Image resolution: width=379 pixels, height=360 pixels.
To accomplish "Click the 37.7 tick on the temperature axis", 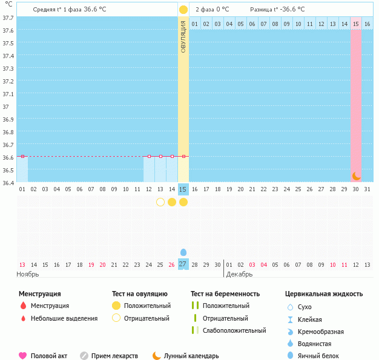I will point(8,18).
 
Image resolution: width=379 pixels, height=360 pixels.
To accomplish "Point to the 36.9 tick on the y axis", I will point(8,120).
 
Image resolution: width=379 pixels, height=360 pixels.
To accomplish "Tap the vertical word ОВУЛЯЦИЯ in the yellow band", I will point(183,36).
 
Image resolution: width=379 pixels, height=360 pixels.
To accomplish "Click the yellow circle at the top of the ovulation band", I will point(183,10).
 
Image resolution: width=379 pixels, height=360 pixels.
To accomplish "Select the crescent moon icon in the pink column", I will point(357,175).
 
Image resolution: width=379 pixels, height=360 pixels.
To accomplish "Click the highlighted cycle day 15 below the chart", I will point(183,189).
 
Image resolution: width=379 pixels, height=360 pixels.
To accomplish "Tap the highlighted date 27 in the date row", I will point(183,264).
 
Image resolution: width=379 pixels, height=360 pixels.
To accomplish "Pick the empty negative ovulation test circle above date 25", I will point(160,202).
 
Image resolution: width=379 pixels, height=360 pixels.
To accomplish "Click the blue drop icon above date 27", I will point(183,252).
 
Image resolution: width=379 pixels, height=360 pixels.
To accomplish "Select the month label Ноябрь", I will point(28,274).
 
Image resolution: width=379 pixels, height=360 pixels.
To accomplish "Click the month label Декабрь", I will point(239,274).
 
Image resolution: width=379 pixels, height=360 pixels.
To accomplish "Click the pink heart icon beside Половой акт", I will point(23,356).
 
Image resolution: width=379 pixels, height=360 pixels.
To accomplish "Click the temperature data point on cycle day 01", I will point(22,157).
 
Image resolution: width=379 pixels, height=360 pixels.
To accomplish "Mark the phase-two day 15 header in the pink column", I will point(356,24).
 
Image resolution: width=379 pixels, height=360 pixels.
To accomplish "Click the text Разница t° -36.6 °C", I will point(277,10).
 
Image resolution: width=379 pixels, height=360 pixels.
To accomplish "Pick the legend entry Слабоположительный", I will point(234,330).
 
